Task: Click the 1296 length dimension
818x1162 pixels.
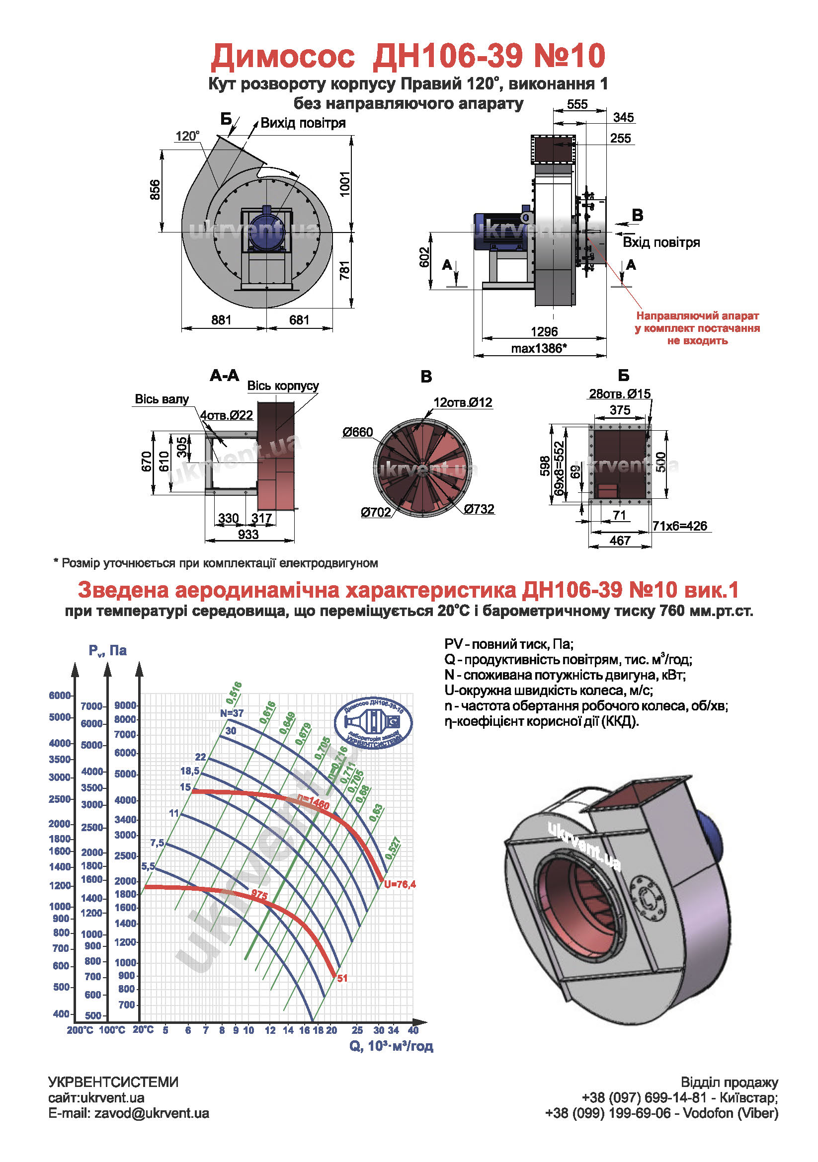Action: click(x=544, y=331)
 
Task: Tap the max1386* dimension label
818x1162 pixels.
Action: click(x=539, y=348)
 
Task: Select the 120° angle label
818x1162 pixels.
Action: click(x=187, y=136)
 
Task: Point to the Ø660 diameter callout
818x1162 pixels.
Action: click(x=357, y=432)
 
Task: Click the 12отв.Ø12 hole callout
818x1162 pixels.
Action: click(x=462, y=402)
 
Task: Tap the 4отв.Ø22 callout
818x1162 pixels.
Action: click(x=226, y=415)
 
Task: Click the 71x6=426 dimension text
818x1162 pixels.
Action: click(x=679, y=526)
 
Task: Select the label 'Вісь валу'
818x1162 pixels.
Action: click(x=162, y=399)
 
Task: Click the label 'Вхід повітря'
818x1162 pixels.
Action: click(x=660, y=242)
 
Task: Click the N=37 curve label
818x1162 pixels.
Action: click(x=232, y=713)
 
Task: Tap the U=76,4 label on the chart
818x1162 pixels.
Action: click(x=400, y=885)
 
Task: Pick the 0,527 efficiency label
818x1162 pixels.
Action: click(x=393, y=848)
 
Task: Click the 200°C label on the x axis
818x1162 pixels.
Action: click(x=80, y=1030)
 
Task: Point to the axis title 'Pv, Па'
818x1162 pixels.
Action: click(x=107, y=650)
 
